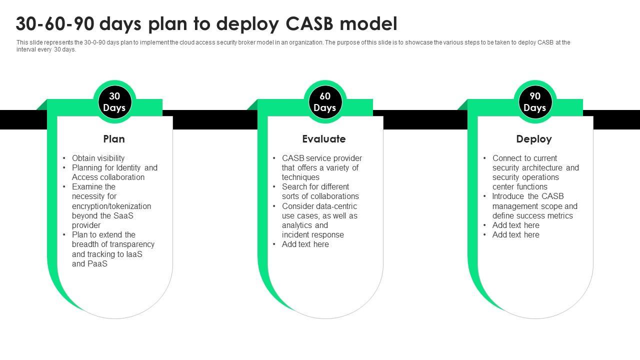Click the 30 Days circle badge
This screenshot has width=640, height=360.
114,102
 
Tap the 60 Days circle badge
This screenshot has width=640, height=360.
325,102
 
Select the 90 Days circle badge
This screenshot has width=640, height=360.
535,102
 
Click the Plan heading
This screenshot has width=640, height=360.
114,139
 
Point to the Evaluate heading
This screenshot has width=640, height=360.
324,139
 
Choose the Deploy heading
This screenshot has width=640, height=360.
534,139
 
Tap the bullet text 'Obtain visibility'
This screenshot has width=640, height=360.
98,158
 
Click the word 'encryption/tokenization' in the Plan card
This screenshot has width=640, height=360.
111,206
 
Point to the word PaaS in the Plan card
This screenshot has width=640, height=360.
97,263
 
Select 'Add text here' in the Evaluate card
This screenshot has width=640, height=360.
305,244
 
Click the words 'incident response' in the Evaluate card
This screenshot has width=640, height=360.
313,234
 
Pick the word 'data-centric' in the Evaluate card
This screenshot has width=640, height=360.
336,206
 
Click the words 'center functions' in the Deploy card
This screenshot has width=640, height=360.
520,186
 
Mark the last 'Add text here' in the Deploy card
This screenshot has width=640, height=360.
516,234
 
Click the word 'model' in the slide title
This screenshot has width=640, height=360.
370,24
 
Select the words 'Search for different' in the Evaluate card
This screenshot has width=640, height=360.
315,186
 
